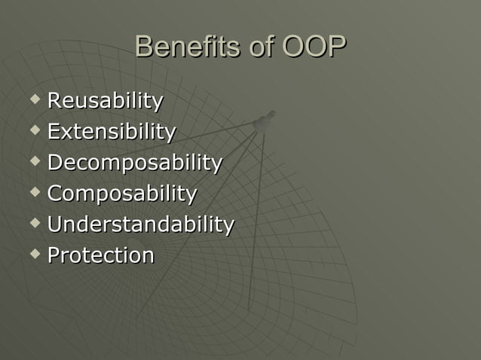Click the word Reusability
pos(105,101)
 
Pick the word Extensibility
pos(112,132)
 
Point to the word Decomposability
pos(135,163)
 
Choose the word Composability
pos(122,194)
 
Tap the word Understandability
pos(141,224)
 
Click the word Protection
pos(101,255)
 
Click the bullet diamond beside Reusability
pos(34,99)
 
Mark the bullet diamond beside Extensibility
pos(34,130)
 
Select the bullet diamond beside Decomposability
pos(34,160)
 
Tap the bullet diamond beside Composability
pos(34,191)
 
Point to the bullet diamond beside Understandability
pos(34,222)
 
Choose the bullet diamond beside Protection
pos(34,253)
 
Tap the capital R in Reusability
pos(54,101)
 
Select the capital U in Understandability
pos(55,224)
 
